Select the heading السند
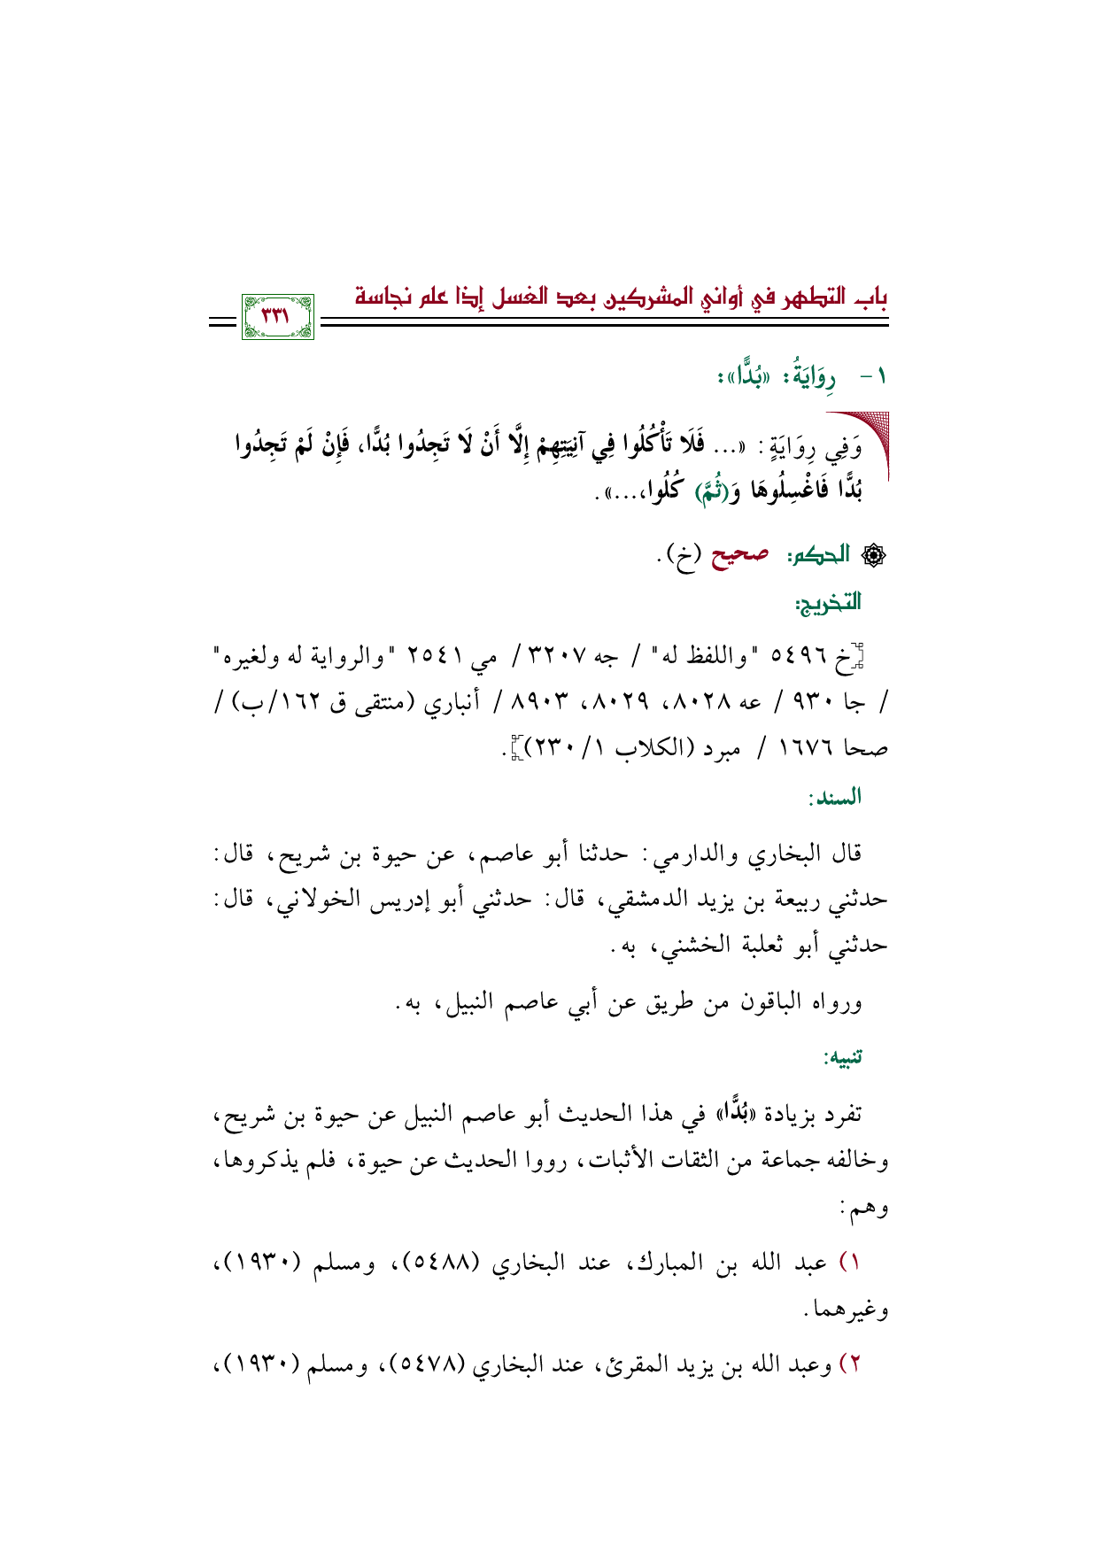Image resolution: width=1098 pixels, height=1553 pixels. pos(834,798)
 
